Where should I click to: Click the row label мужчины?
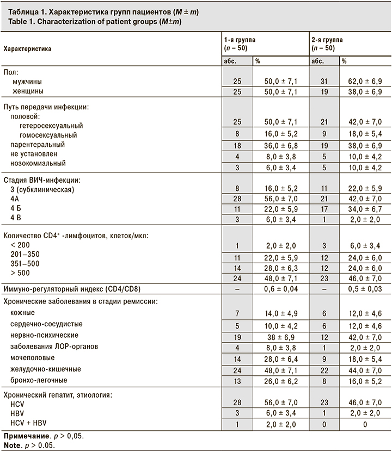[30, 81]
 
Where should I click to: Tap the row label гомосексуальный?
[47, 134]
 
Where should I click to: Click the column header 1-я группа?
[240, 40]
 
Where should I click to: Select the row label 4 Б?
[18, 208]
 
